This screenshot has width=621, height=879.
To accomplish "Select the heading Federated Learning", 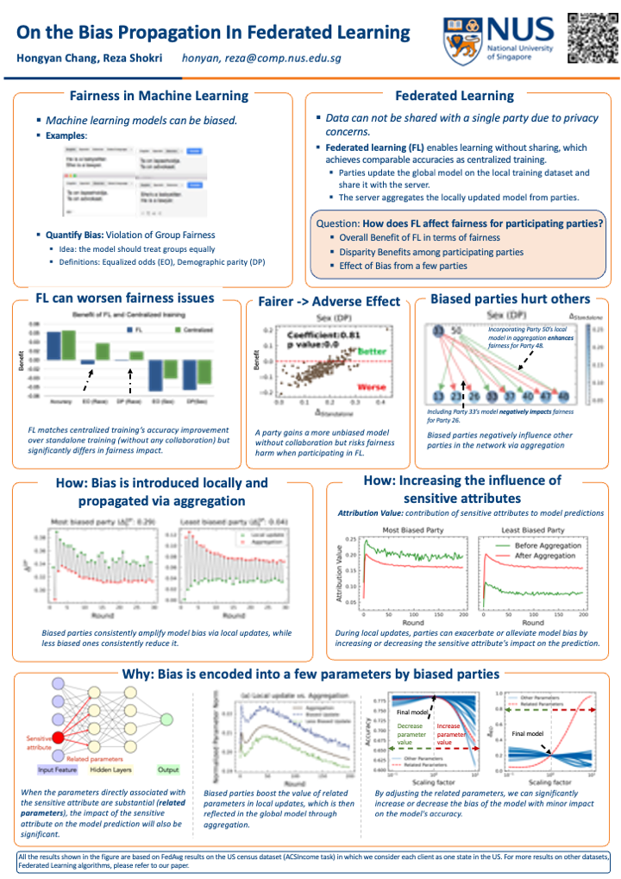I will (x=454, y=96).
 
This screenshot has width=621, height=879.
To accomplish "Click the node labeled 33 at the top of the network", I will (x=439, y=330).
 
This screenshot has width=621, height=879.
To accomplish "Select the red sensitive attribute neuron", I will (x=60, y=737).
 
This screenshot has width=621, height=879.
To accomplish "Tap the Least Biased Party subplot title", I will (x=532, y=530).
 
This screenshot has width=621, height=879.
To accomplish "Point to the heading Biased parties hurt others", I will (x=510, y=299).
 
